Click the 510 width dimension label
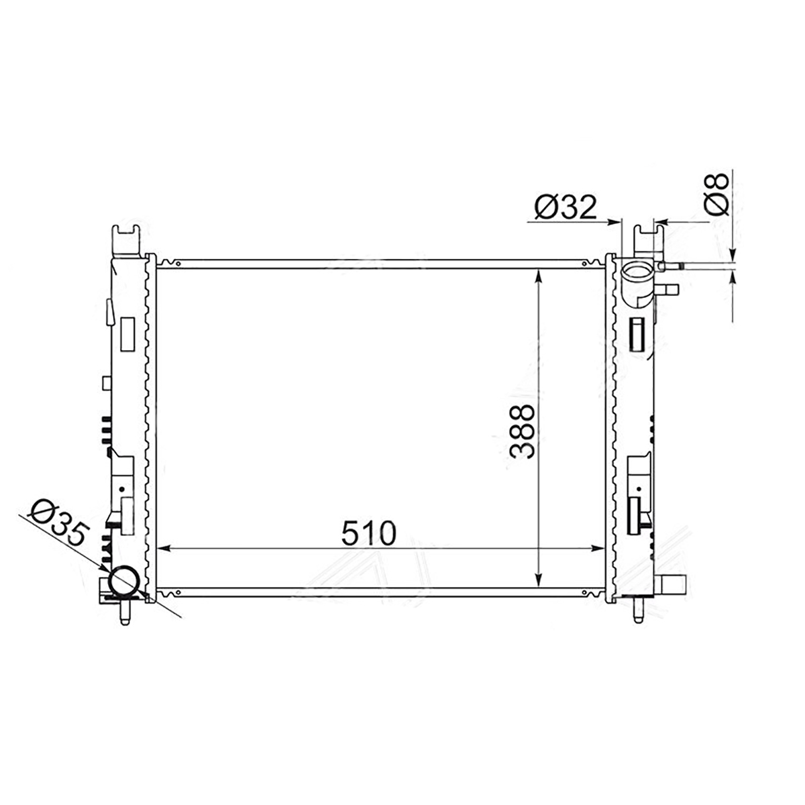[x=368, y=533]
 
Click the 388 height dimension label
[x=522, y=431]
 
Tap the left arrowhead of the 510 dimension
[x=163, y=549]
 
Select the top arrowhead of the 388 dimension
[x=539, y=276]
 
